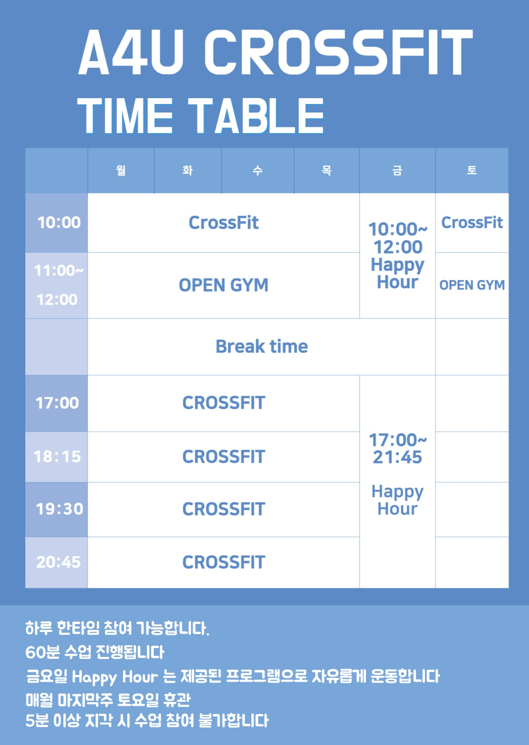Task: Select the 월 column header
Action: pos(121,170)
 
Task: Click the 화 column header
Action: pos(188,170)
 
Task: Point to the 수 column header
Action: pos(258,170)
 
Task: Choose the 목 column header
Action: pos(327,170)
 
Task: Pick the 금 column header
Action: pos(397,170)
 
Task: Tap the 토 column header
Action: pos(472,170)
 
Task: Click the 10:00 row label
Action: pos(59,222)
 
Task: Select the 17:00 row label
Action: pos(57,403)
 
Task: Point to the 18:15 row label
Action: pos(57,456)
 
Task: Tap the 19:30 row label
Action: pos(59,509)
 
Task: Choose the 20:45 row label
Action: pos(58,562)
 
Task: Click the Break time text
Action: pos(262,346)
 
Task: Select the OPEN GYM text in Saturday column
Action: pos(472,285)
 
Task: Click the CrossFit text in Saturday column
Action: pos(472,223)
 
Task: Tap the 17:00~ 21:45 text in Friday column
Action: pos(398,449)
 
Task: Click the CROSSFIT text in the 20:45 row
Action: pos(224,562)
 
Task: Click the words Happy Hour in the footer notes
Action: pos(115,677)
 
